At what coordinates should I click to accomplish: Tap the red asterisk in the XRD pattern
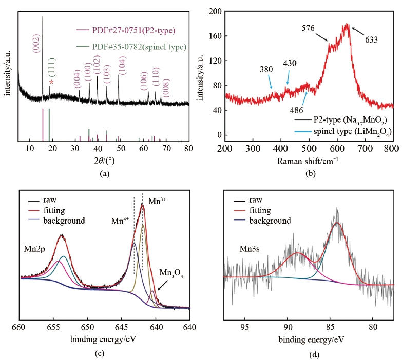51,83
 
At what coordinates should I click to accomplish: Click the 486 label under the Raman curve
297,110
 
